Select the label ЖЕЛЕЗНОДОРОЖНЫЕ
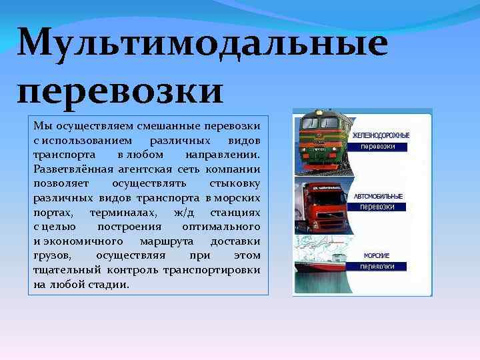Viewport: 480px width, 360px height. (x=381, y=135)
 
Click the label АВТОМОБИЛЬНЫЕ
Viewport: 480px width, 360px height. (x=378, y=196)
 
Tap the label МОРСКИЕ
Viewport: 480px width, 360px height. (x=377, y=255)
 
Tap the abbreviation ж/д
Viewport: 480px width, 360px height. (x=182, y=212)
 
